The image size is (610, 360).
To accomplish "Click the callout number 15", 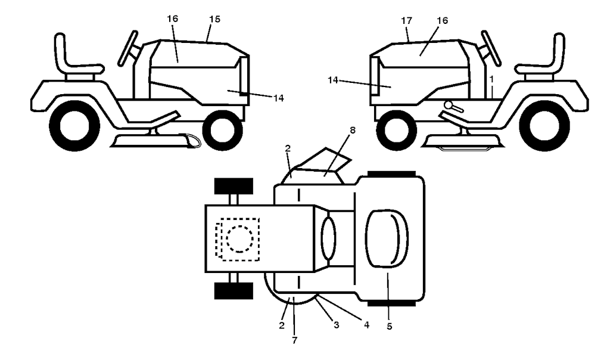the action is click(214, 19).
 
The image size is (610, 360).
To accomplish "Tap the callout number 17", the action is click(406, 21).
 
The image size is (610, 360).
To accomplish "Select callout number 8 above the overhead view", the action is click(353, 131).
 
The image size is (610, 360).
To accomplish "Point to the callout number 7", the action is click(294, 340).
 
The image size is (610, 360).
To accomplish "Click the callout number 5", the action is click(390, 326).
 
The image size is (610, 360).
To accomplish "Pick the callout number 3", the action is click(336, 325).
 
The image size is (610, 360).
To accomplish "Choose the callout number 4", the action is click(366, 324).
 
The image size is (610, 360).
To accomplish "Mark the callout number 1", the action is click(491, 79).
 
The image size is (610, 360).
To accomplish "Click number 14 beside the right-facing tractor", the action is click(279, 98).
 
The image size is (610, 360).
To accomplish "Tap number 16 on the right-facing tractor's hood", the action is click(173, 18).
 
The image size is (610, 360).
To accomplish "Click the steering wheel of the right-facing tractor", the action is click(129, 48).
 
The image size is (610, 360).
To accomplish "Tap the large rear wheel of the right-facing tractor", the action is click(74, 125).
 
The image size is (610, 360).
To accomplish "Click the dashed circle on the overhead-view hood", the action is click(239, 238).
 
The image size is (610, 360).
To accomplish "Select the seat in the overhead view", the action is click(387, 238).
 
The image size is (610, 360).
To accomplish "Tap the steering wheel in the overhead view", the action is click(328, 238).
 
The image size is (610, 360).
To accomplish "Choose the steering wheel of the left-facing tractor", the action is click(491, 48).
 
